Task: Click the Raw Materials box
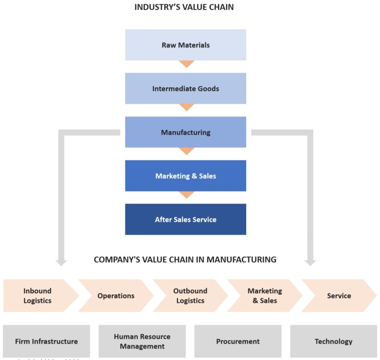coord(185,45)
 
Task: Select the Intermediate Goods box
coord(185,88)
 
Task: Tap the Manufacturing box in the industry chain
coord(185,132)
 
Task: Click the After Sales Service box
coord(185,219)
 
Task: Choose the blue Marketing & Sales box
coord(185,176)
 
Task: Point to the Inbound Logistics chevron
coord(37,296)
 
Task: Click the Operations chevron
coord(116,296)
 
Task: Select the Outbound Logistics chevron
coord(190,296)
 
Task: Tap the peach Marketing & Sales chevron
coord(264,296)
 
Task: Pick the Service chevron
coord(339,296)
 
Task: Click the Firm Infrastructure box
coord(46,342)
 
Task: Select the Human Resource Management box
coord(142,342)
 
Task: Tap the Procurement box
coord(237,342)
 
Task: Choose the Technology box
coord(333,342)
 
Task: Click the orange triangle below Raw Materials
coord(186,64)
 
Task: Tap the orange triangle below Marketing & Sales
coord(186,195)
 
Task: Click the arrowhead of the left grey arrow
coord(61,263)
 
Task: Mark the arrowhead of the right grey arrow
coord(310,263)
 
